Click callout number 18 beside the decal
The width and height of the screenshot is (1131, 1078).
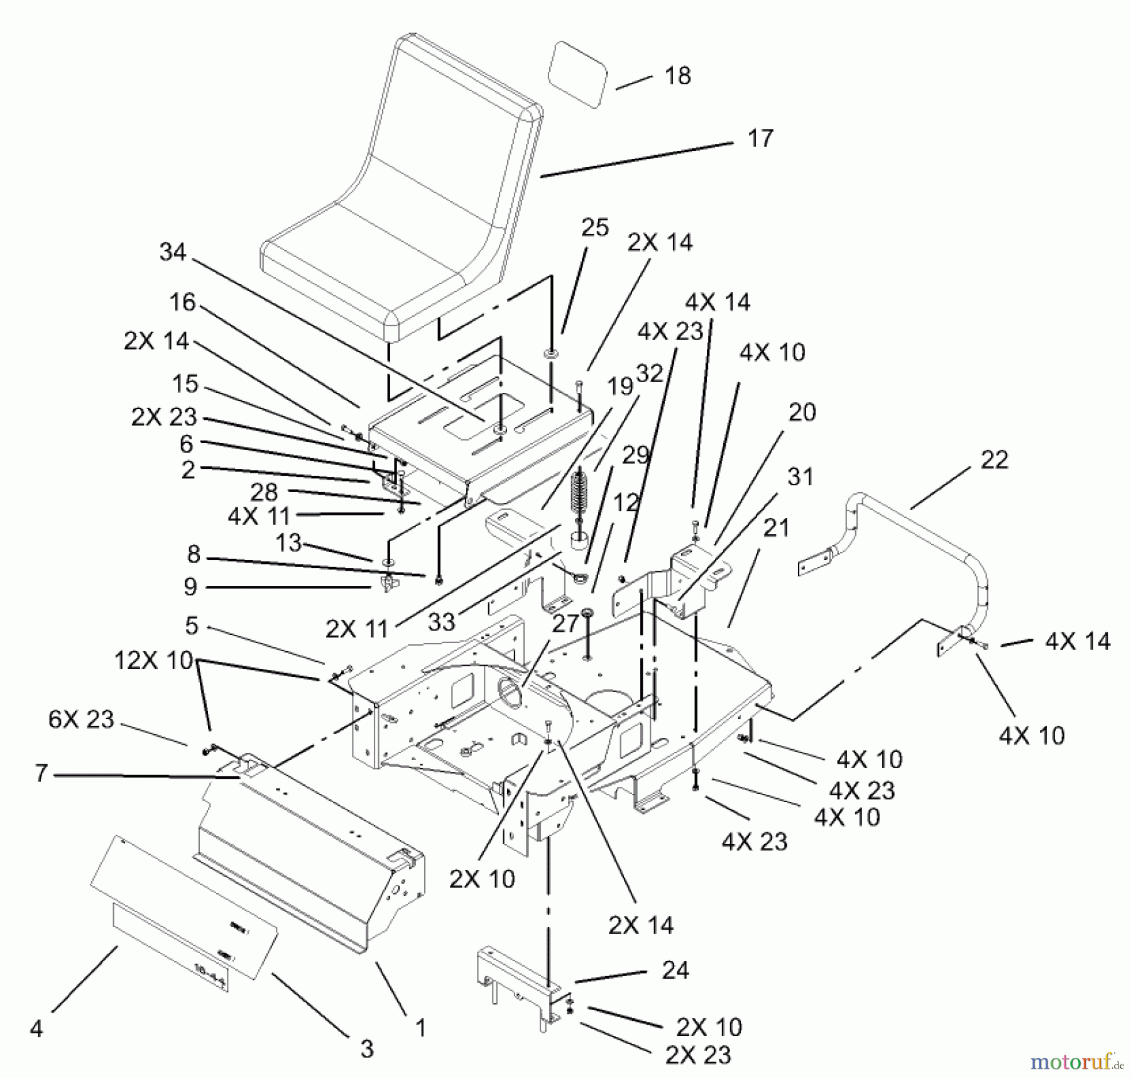tap(677, 76)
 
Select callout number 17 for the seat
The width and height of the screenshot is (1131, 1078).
tap(760, 138)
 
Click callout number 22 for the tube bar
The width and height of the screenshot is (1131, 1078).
tap(994, 459)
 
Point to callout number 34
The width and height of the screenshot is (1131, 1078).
tap(173, 252)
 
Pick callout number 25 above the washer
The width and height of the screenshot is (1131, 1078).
tap(594, 227)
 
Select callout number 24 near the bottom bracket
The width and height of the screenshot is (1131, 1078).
tap(675, 971)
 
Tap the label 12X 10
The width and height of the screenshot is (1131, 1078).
tap(153, 661)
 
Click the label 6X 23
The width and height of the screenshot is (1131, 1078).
tap(81, 719)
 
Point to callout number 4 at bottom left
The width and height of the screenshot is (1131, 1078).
tap(36, 1029)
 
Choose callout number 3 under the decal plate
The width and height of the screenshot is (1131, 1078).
tap(367, 1048)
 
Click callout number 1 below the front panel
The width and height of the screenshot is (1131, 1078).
tap(420, 1028)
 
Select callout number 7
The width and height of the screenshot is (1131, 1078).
tap(41, 773)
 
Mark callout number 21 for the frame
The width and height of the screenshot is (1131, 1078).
tap(775, 527)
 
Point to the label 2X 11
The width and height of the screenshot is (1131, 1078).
tap(357, 629)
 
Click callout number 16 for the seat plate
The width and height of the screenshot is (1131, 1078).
tap(183, 302)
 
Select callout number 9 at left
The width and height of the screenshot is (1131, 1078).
tap(190, 586)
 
